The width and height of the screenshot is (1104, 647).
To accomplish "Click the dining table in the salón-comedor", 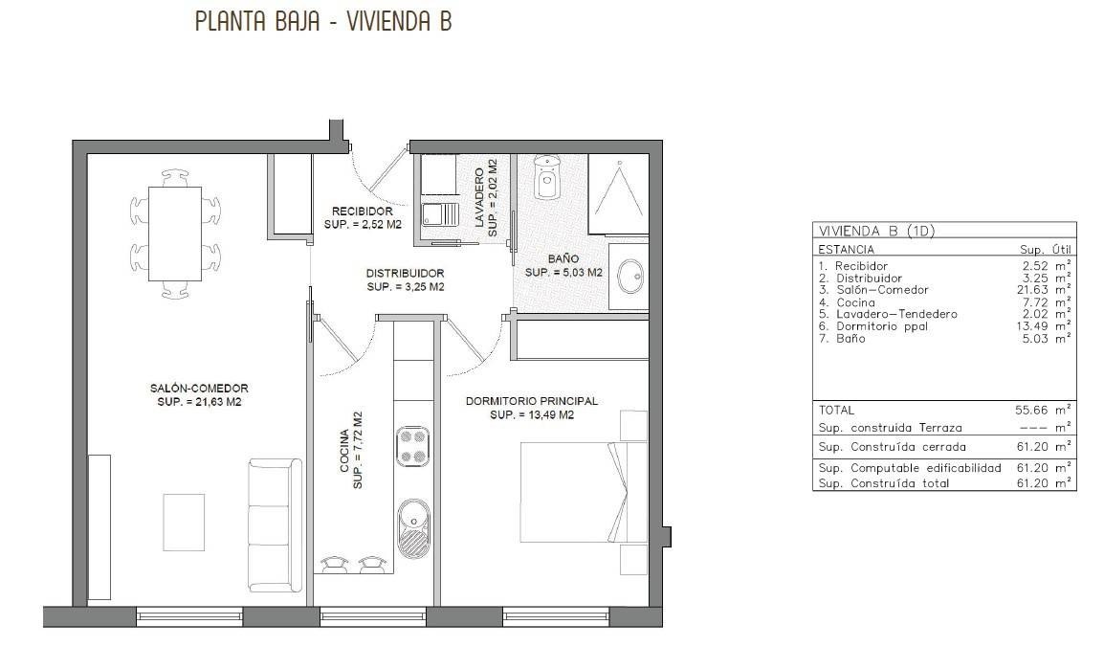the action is tap(175, 234).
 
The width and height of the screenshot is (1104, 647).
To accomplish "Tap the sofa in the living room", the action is tap(275, 525).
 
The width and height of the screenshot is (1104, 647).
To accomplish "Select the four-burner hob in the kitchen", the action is tap(412, 446).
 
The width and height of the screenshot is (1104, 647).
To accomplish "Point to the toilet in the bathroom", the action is tap(546, 178).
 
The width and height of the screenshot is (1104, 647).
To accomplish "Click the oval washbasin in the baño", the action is tap(630, 276).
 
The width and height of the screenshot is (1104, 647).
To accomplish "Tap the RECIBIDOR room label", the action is tap(362, 212).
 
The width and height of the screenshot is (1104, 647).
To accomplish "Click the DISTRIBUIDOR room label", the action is tap(405, 273).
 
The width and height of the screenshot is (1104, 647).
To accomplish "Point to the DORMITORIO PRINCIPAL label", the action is tap(532, 401).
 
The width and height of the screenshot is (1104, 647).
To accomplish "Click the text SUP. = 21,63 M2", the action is tap(199, 402).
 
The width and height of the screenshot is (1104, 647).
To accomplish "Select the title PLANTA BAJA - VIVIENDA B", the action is tap(323, 21).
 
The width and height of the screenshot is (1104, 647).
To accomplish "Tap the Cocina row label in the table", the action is tap(855, 302).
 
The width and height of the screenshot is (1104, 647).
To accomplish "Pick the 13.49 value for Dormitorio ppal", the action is tap(1036, 326).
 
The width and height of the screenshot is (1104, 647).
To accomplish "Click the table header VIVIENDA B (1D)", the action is tap(876, 231).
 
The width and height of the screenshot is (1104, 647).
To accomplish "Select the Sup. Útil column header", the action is tap(1046, 249).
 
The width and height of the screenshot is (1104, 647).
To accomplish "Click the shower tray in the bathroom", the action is tap(618, 194).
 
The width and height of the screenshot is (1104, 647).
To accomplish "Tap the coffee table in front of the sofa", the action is tap(184, 523).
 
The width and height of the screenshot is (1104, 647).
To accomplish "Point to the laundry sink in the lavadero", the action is tap(439, 214).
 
